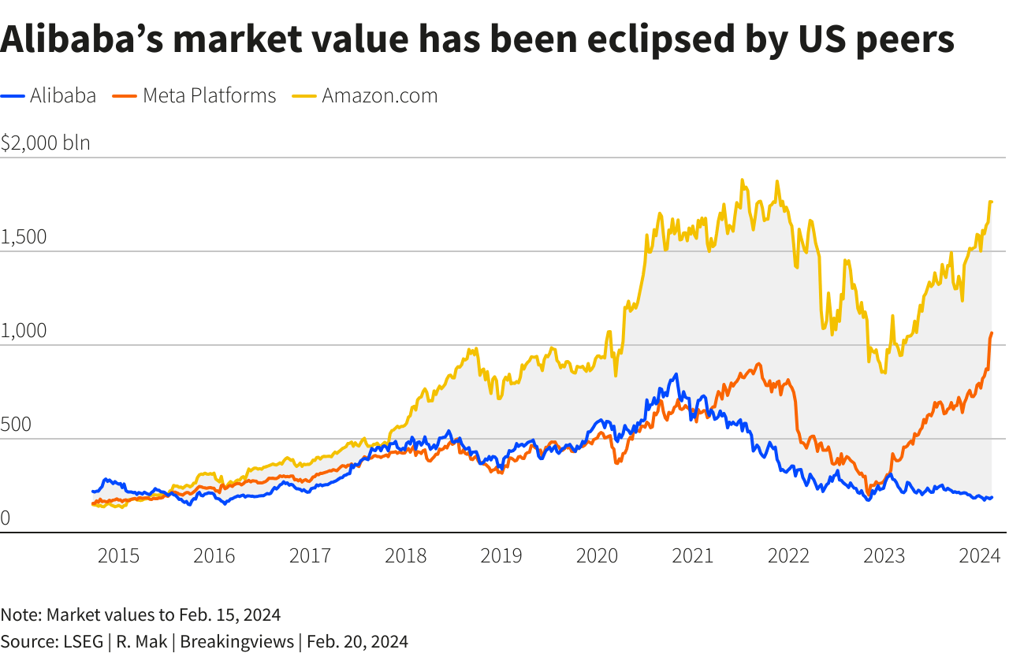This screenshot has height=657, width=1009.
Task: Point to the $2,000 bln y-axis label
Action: click(46, 143)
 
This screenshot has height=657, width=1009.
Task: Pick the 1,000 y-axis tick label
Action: click(24, 331)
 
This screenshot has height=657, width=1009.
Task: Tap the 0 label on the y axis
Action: click(6, 518)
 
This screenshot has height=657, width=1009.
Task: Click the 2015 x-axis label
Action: click(118, 555)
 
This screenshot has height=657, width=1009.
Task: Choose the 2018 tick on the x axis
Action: click(405, 555)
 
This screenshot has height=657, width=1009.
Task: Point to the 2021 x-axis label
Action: click(692, 555)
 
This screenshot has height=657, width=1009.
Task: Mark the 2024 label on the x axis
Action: click(979, 555)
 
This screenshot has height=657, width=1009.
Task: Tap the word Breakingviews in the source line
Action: click(238, 641)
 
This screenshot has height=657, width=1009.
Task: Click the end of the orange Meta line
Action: click(992, 333)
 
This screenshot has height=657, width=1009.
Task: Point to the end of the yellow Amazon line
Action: click(992, 202)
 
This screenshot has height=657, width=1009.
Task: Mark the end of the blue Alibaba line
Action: click(992, 497)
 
